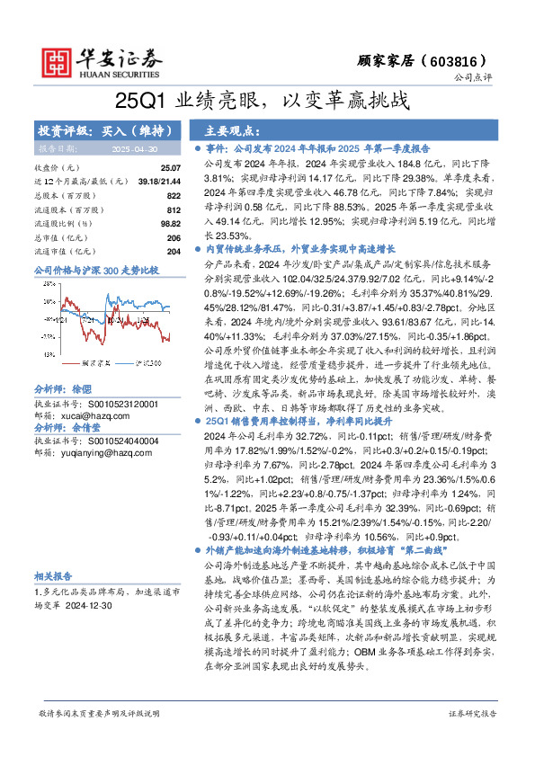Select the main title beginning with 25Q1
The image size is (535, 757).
coord(267,101)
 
